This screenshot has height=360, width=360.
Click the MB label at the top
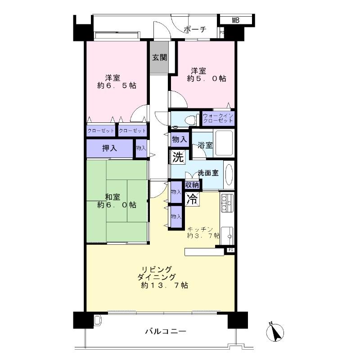[236, 20]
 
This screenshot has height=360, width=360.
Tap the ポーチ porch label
[195, 30]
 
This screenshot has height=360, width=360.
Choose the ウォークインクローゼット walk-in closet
[218, 119]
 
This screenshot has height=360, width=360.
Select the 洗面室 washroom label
[208, 172]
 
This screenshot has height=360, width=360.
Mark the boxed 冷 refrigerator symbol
[192, 199]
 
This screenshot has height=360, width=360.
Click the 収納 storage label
[193, 184]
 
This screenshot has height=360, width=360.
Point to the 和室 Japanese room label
[112, 197]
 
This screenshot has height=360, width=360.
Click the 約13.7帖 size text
[164, 285]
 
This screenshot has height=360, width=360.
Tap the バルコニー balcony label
[165, 332]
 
